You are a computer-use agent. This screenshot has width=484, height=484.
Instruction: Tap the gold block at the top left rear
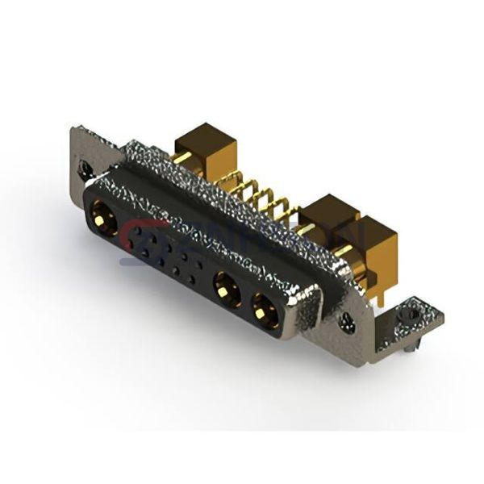pyautogui.click(x=202, y=142)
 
